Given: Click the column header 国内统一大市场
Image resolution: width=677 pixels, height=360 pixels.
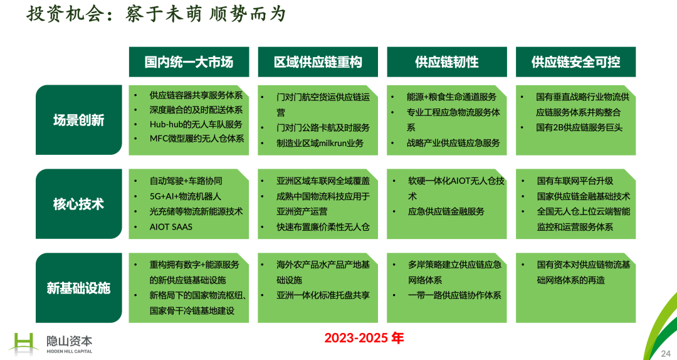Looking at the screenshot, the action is pos(189,62).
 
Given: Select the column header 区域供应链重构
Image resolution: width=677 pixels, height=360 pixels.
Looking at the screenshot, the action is pos(318,62).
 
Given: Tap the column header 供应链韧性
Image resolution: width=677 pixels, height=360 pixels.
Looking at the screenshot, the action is pos(447,62).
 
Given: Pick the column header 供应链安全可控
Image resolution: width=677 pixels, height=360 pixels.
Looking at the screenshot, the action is pos(575,62).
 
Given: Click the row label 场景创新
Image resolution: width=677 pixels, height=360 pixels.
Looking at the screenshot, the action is pos(78,120).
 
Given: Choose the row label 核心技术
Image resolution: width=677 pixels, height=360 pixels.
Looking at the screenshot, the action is pos(78,204).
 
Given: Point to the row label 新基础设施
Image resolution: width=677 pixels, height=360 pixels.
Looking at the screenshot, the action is pos(78,288).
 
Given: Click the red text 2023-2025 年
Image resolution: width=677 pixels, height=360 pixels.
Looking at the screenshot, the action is pos(364,338).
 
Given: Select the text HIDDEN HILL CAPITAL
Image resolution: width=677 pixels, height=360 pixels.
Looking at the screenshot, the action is pos(70,351).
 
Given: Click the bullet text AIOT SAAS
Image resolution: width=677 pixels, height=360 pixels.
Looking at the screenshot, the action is pos(171,227).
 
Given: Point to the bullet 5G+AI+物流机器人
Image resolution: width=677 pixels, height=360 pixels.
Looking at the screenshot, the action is pos(185,196).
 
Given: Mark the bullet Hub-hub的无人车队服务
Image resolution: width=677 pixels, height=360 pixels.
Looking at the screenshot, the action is pos(196,124).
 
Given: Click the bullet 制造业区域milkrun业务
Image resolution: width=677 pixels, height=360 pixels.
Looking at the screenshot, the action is pos(320,143).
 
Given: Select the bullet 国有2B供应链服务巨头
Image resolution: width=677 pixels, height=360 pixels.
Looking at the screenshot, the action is pos(579,127).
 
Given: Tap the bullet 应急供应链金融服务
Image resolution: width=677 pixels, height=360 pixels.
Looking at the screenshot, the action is pos(446,211).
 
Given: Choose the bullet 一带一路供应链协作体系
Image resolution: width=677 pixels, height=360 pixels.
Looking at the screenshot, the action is pos(454,295).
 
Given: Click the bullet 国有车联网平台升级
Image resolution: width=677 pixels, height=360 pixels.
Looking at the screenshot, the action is pos(575,181).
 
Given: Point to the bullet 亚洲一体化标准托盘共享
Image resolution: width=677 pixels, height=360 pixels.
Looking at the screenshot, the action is pos(323,295).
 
